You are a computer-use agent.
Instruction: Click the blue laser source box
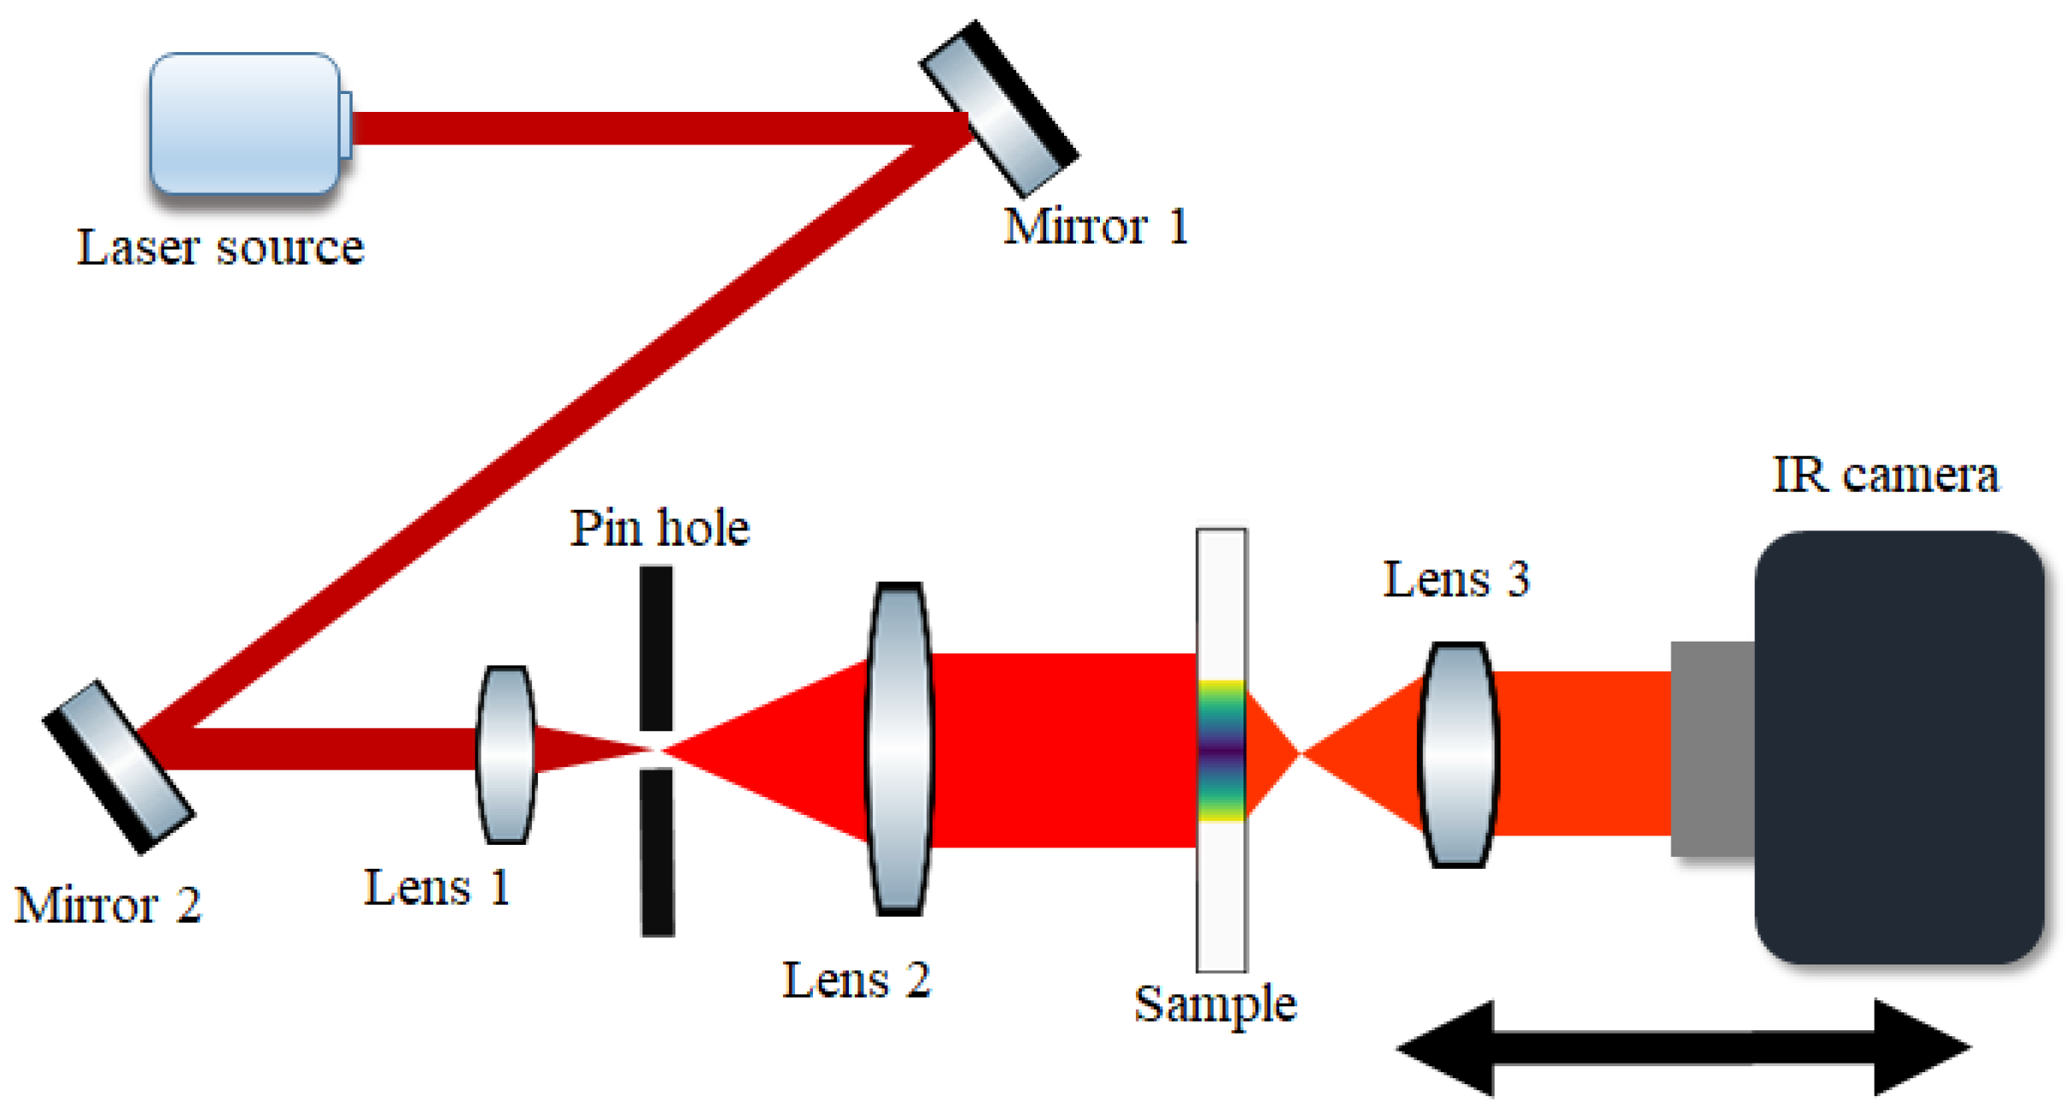tap(244, 124)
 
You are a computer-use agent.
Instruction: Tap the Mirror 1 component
tap(998, 109)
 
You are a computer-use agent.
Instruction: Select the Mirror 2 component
tap(119, 766)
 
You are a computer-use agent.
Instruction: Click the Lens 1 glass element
tap(506, 754)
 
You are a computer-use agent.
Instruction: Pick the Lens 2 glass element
tap(899, 747)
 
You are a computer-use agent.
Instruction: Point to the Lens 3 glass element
tap(1458, 754)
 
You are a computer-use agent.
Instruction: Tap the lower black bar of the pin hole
tap(658, 851)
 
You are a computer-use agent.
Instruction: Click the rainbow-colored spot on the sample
tap(1221, 750)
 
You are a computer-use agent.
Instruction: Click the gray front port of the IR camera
tap(1711, 748)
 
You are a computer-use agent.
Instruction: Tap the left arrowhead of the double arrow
tap(1448, 1047)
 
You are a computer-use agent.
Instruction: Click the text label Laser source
tap(220, 248)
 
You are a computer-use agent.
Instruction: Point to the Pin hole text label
tap(659, 528)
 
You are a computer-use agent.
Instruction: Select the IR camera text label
tap(1885, 474)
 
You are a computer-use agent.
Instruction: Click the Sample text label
tap(1214, 1004)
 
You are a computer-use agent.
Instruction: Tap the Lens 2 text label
tap(856, 980)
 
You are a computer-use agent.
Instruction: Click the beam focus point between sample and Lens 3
tap(1299, 753)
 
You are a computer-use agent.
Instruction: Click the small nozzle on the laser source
tap(346, 125)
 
